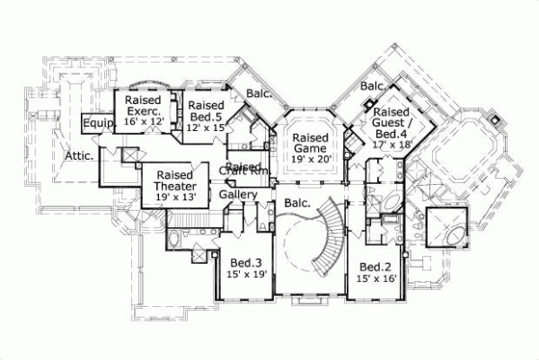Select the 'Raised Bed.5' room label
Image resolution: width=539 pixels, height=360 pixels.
click(x=207, y=111)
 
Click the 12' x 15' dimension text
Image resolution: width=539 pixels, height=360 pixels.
click(x=207, y=128)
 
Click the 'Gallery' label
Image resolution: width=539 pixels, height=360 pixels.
click(x=238, y=195)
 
